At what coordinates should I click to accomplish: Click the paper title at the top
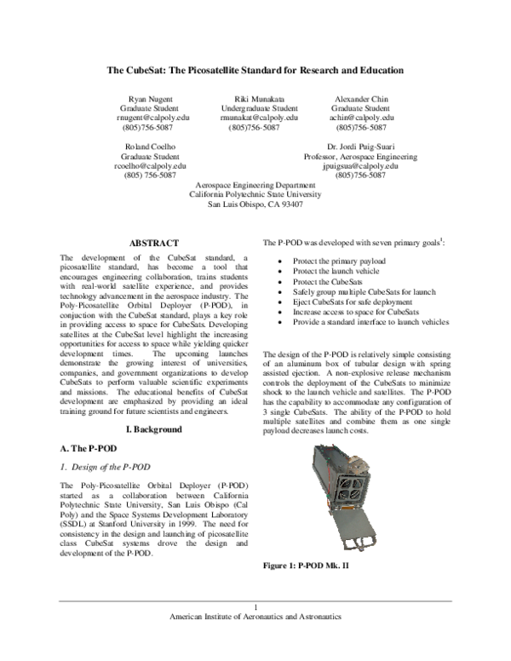[255, 70]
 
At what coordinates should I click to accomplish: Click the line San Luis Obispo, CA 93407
[255, 204]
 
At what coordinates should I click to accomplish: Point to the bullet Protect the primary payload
[339, 261]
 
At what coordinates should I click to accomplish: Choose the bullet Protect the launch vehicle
[336, 271]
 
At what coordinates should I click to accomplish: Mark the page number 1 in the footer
[255, 606]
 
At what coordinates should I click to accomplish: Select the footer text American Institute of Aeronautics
[255, 616]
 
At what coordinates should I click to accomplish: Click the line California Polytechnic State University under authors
[255, 194]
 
